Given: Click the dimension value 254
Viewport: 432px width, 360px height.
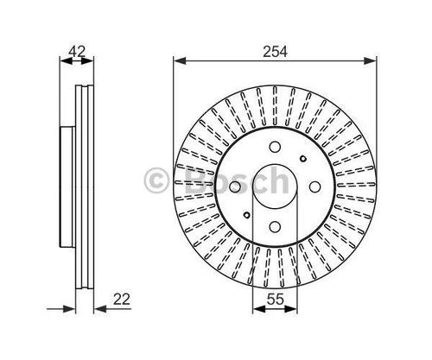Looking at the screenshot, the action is (x=275, y=52).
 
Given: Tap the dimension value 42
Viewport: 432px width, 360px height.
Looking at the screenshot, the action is (x=77, y=52).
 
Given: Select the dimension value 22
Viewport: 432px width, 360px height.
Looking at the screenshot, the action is (x=122, y=300).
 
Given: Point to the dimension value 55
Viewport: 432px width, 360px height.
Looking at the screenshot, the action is (x=275, y=300).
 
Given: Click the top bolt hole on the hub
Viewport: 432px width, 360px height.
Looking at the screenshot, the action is (x=275, y=147).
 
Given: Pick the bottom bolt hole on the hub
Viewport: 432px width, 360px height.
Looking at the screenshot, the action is (x=275, y=226).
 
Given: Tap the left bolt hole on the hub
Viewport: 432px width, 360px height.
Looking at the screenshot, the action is (x=235, y=186).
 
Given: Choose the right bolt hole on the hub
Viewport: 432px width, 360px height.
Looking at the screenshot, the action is (x=314, y=186).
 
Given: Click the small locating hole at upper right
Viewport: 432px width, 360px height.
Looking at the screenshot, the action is (x=303, y=158).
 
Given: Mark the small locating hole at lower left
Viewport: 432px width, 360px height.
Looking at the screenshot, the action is (x=247, y=215).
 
